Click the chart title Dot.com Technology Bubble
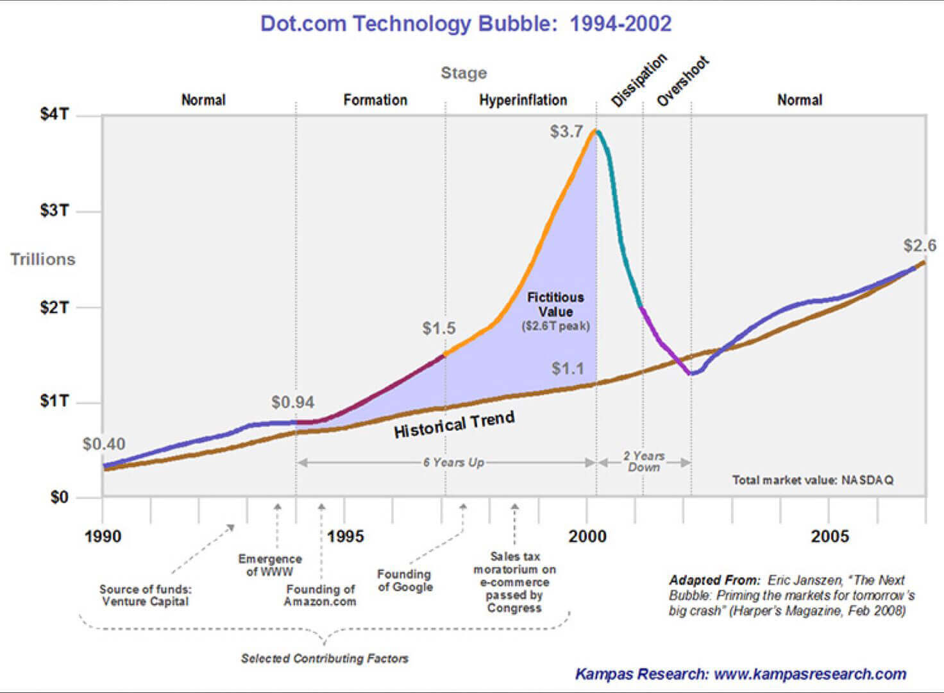click(x=466, y=24)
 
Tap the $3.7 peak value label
click(x=566, y=132)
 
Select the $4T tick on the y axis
click(x=55, y=114)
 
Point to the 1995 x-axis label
click(x=345, y=536)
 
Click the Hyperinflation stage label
click(x=523, y=100)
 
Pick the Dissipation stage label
click(x=638, y=80)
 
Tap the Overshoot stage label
click(x=683, y=81)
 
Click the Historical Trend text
click(x=454, y=425)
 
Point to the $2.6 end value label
click(x=919, y=245)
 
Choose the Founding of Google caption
click(x=405, y=580)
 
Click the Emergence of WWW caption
click(x=269, y=565)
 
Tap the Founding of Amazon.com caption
click(x=320, y=595)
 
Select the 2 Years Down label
click(x=644, y=461)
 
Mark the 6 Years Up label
click(x=453, y=463)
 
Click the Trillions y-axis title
click(x=42, y=259)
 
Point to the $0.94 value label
click(x=292, y=402)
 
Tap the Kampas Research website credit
click(x=740, y=674)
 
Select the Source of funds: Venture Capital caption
click(x=145, y=595)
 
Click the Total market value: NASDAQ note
click(x=813, y=480)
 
